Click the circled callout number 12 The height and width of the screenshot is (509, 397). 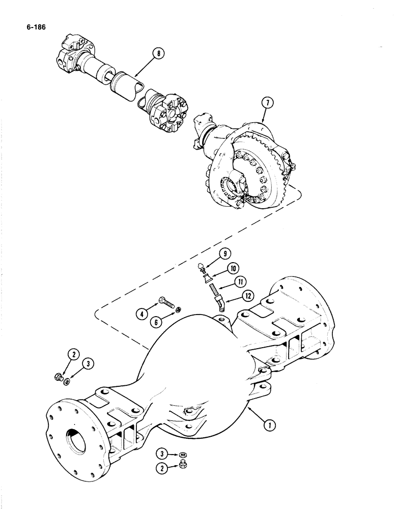(248, 295)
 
